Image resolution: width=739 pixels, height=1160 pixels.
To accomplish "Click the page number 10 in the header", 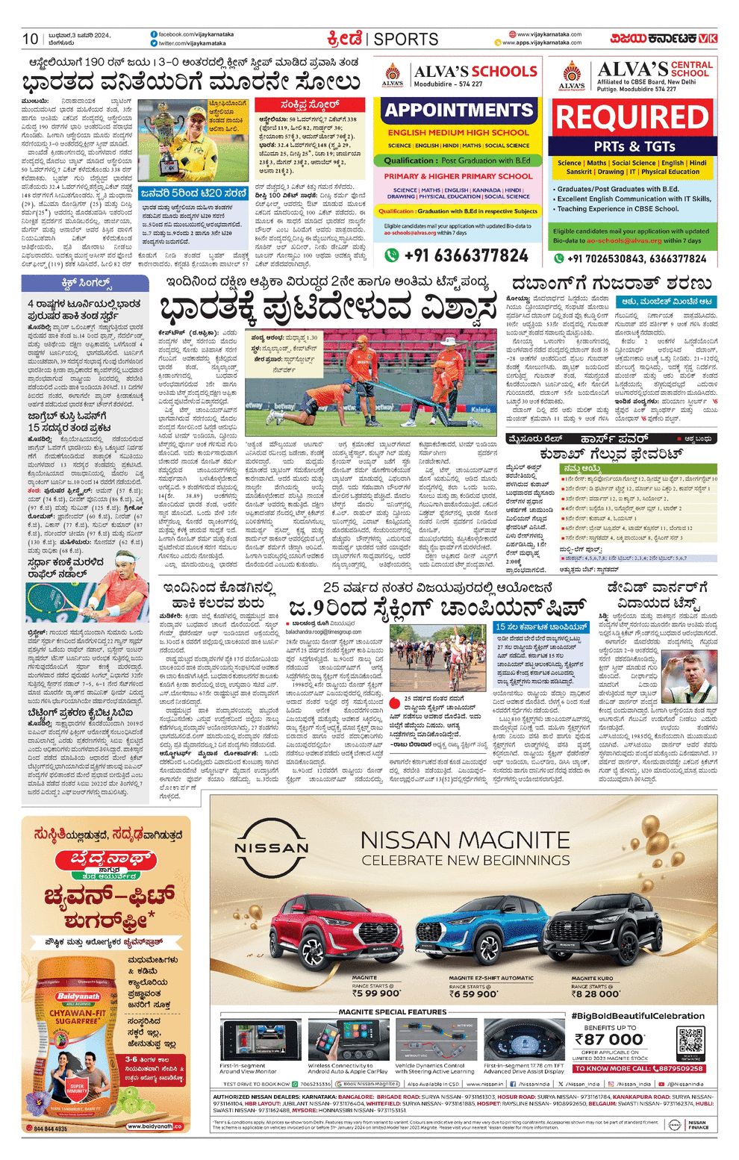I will [30, 39].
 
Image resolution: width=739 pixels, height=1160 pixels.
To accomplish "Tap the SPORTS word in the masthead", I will [406, 39].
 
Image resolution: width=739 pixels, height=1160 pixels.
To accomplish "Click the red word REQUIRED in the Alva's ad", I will [632, 119].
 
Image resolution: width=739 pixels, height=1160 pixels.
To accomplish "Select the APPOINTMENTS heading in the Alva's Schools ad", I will [459, 110].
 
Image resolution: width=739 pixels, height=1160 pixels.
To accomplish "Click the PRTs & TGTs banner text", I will [634, 146].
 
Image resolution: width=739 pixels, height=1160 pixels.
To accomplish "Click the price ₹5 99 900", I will [376, 994].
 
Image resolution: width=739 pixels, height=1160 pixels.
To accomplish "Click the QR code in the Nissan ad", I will [690, 1040].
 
